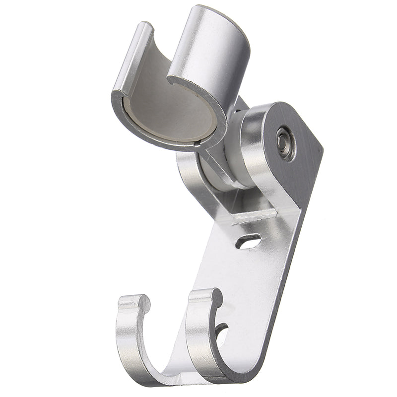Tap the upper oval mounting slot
[248, 242]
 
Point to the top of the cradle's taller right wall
[218, 12]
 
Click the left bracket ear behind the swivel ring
[189, 171]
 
